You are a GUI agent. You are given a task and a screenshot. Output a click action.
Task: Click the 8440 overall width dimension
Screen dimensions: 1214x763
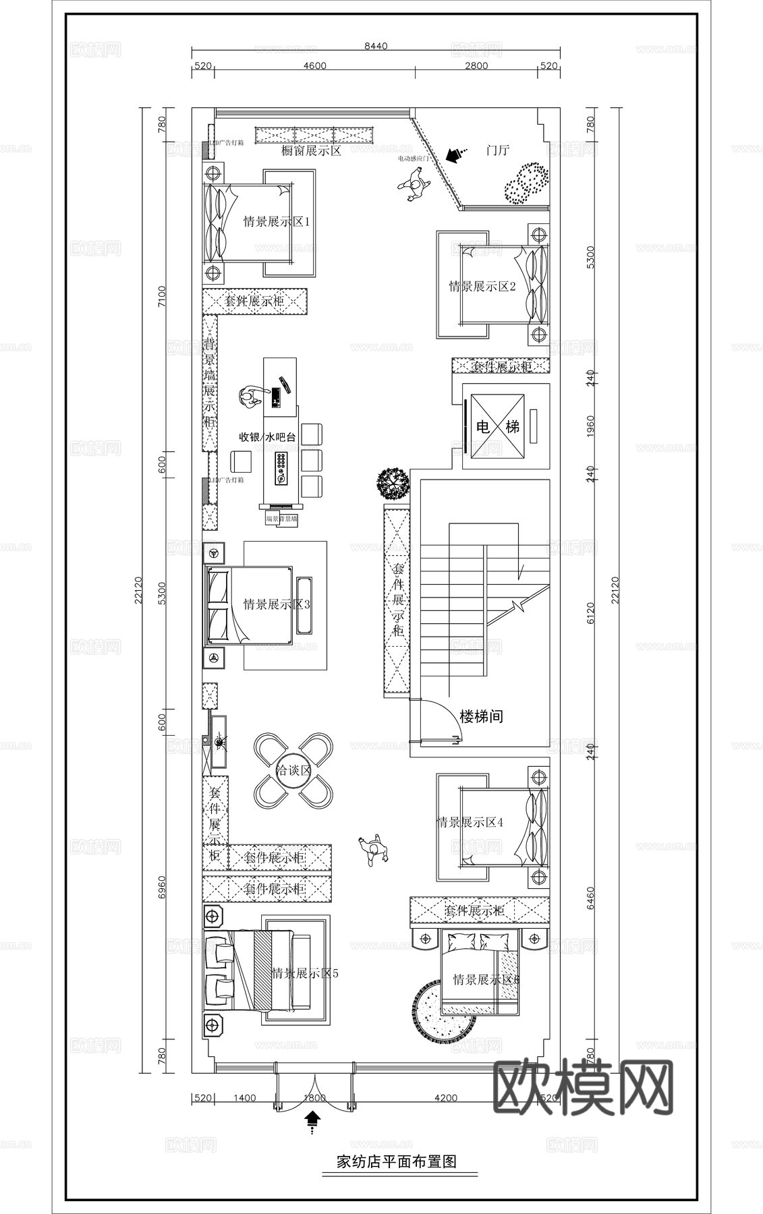pos(376,46)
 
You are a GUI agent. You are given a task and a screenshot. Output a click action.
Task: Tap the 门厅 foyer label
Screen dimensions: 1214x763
pos(497,150)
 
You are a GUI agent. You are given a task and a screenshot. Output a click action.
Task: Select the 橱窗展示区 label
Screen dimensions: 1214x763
pos(311,151)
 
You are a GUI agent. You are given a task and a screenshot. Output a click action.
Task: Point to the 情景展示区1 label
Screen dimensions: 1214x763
pos(276,221)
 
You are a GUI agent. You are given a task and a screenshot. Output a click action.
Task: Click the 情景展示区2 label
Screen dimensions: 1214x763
pos(482,286)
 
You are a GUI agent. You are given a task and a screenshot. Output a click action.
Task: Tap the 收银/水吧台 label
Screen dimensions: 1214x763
pos(268,437)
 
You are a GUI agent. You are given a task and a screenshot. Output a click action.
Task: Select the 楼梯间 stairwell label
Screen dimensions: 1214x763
pos(481,716)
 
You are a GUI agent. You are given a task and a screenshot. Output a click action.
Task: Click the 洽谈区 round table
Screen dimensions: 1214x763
pos(293,770)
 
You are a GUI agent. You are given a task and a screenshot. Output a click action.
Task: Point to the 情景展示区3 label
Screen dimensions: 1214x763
pos(277,604)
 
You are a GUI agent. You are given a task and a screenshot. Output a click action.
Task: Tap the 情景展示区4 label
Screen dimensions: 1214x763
pos(470,822)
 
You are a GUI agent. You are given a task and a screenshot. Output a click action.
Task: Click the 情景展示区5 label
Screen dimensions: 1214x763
pos(304,973)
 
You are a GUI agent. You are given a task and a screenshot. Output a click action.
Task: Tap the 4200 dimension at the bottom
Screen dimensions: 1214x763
pos(445,1097)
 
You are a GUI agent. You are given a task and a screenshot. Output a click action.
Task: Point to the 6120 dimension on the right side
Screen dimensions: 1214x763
pos(591,612)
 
